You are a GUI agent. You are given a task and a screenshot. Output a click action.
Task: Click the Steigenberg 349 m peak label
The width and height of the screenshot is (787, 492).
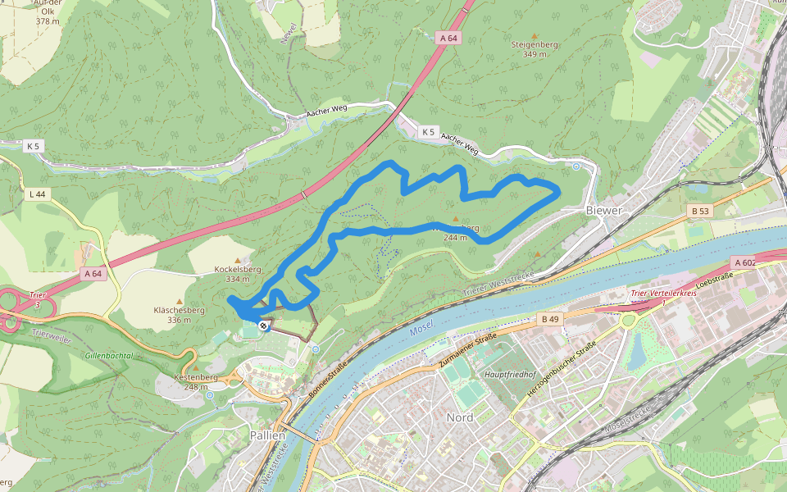(x=535, y=48)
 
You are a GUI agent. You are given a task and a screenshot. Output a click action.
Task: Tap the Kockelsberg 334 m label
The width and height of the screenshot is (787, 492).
(x=237, y=273)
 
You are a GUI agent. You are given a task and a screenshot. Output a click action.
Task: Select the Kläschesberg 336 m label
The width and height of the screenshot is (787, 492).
(x=179, y=314)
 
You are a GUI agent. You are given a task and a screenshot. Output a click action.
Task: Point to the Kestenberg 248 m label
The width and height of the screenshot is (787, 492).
(x=195, y=381)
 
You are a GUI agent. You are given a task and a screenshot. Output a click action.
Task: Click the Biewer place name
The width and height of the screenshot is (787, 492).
(x=605, y=211)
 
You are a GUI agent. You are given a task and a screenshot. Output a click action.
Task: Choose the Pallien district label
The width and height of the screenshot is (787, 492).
(x=267, y=435)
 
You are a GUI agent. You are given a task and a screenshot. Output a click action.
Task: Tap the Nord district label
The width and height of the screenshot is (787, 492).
(x=459, y=417)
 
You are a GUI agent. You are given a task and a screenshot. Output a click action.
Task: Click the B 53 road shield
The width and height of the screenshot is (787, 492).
(x=699, y=211)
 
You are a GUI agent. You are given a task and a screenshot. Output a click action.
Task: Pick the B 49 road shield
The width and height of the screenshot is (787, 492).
(x=549, y=318)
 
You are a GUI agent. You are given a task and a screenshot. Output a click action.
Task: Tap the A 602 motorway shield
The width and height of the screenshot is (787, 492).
(x=744, y=262)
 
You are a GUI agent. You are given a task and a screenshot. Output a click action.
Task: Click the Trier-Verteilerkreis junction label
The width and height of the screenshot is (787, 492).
(x=662, y=294)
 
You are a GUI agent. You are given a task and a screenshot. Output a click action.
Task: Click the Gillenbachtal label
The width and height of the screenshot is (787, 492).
(x=108, y=355)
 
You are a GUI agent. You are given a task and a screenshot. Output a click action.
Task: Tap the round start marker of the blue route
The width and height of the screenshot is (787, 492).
(x=263, y=326)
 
